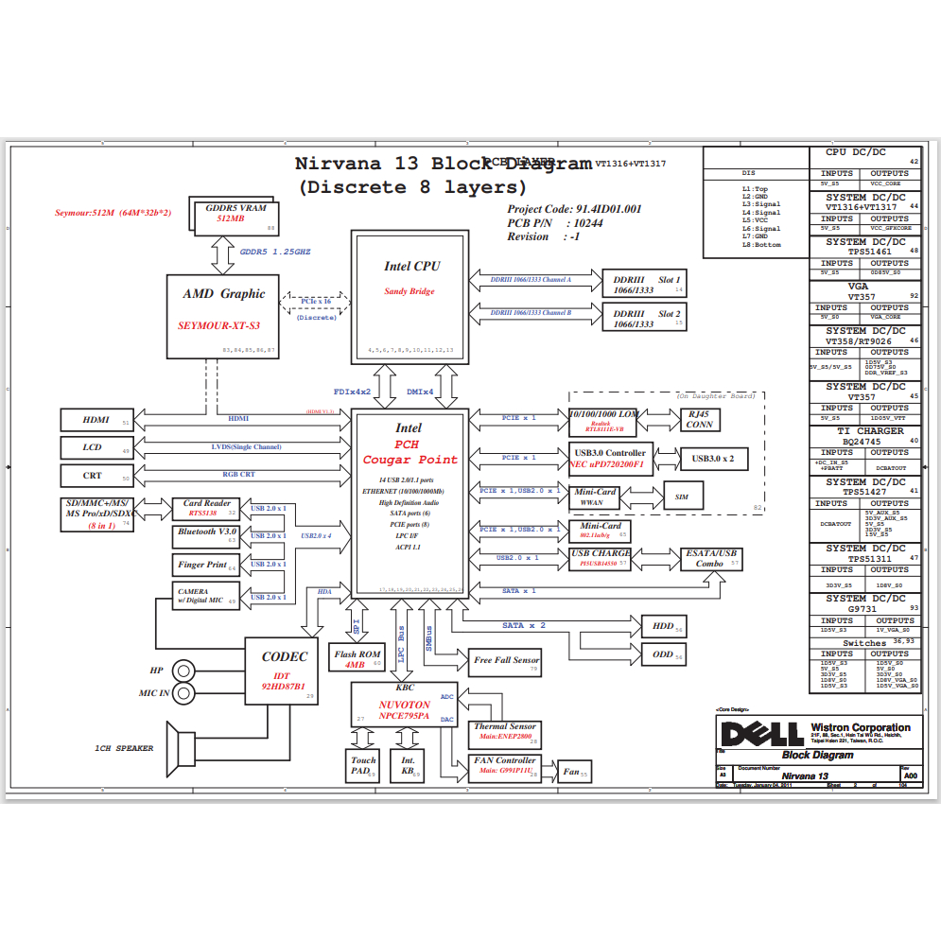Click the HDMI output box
tap(96, 420)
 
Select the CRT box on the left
tap(96, 476)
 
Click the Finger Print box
tap(206, 566)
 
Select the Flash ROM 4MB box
tap(357, 658)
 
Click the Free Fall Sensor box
tap(506, 662)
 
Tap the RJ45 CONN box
tap(699, 419)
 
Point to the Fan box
tap(574, 772)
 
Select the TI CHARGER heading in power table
tap(865, 431)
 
